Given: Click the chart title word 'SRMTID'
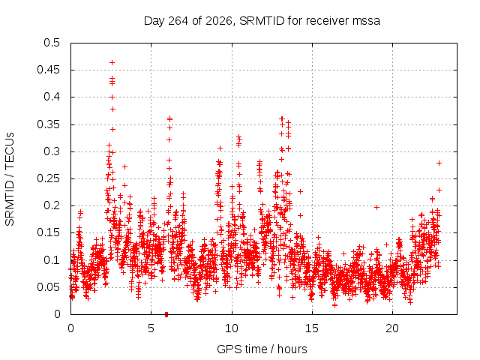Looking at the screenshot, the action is [x=262, y=21].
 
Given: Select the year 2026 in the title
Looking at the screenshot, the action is [x=218, y=21].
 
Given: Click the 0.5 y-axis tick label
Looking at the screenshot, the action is [x=52, y=43].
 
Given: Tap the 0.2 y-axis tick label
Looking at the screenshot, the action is [x=52, y=205].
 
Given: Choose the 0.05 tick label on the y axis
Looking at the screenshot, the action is [x=48, y=287].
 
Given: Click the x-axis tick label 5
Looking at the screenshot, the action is [x=151, y=328].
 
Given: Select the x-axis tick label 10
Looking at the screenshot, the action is [x=232, y=328].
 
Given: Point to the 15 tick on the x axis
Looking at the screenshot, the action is [x=312, y=328].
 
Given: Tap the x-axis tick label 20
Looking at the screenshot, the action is [x=392, y=328].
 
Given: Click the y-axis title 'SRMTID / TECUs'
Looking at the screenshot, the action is [x=10, y=179].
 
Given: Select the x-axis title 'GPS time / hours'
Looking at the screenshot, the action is [x=262, y=349].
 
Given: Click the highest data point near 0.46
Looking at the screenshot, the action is [x=112, y=63].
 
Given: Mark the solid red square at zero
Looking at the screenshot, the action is [x=166, y=314].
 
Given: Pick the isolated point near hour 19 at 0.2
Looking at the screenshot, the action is [x=376, y=207].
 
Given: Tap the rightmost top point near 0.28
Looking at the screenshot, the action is [x=439, y=163].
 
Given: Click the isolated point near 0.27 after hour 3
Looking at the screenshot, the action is [x=124, y=166].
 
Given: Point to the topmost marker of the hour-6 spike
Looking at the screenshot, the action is [x=170, y=118].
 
